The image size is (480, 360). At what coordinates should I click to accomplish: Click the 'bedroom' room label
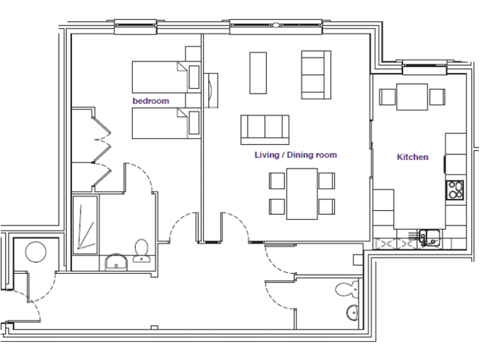click(x=151, y=101)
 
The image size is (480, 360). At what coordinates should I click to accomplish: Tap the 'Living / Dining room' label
click(x=296, y=155)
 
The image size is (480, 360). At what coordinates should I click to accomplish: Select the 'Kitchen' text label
click(x=412, y=157)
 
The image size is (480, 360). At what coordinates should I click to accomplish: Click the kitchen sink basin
click(x=430, y=236)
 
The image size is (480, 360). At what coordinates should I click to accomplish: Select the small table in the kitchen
click(x=412, y=97)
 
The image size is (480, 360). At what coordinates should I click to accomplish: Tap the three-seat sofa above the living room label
click(x=265, y=129)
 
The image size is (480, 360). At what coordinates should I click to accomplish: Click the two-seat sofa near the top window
click(x=316, y=74)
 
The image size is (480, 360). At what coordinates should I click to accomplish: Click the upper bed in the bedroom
click(x=160, y=76)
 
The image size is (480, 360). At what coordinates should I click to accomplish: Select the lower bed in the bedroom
click(x=160, y=123)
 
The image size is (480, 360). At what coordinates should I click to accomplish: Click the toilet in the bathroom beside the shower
click(x=141, y=249)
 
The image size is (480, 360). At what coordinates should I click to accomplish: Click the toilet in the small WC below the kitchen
click(x=346, y=289)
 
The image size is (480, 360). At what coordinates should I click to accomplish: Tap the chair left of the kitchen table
click(x=387, y=97)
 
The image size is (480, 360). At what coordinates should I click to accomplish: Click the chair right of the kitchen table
click(x=437, y=97)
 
